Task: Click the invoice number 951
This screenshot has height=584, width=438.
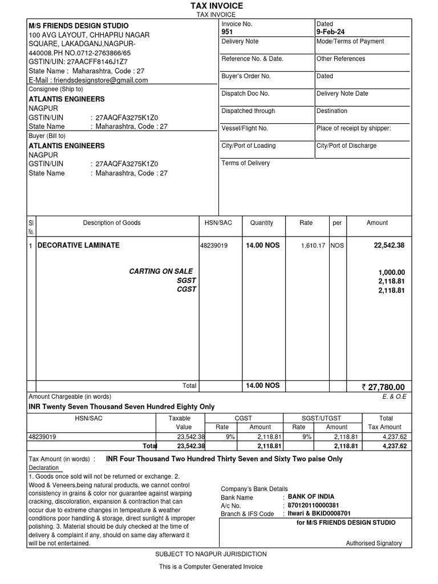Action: pos(227,33)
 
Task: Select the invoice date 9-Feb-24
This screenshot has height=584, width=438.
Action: pos(330,33)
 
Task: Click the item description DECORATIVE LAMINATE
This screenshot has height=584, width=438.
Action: pos(79,245)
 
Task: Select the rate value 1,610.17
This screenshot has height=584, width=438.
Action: pos(313,246)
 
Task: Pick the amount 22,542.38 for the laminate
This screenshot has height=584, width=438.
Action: pos(389,245)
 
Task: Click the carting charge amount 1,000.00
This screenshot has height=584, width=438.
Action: pos(391,273)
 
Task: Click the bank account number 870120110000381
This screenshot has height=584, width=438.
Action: pos(313,505)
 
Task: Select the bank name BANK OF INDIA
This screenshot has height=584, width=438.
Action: pos(311,497)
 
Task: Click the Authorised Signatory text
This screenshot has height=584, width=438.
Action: pos(374,544)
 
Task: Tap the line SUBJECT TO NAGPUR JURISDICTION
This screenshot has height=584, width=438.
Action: pos(211,554)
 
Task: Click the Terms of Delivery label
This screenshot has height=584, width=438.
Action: pos(246,163)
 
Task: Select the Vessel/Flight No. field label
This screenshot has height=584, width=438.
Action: pos(245,128)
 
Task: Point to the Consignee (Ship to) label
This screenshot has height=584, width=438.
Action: pos(55,89)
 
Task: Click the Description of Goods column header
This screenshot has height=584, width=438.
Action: pos(112,223)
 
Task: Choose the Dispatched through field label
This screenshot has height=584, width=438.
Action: pos(248,111)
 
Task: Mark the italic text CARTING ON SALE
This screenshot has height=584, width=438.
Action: pos(161,271)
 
